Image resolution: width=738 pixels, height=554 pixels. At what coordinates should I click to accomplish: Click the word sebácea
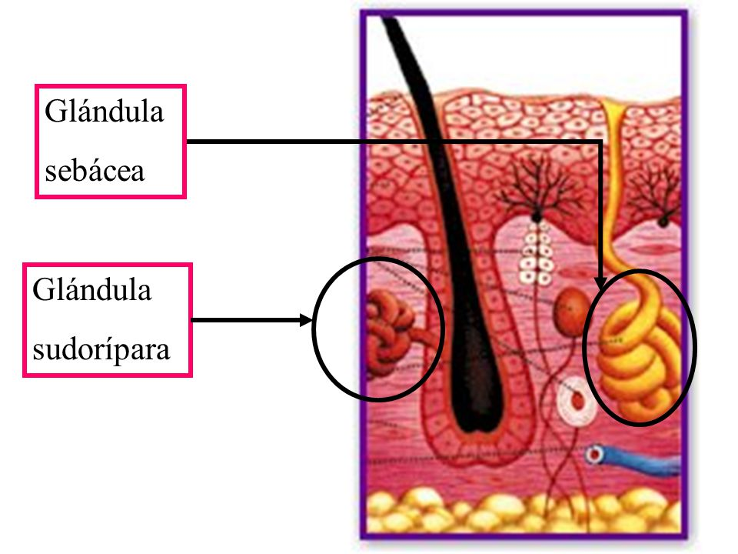click(95, 171)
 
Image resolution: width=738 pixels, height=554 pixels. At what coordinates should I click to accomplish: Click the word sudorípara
click(101, 349)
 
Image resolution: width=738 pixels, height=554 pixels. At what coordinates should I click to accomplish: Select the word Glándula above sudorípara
click(92, 289)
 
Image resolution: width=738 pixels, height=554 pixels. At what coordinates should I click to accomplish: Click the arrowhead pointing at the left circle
click(307, 320)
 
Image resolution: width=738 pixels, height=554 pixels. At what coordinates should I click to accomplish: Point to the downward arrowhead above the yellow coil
click(600, 282)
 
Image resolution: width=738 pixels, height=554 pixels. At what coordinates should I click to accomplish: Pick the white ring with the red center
click(577, 402)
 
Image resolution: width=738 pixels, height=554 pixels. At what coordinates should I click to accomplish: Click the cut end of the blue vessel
click(594, 455)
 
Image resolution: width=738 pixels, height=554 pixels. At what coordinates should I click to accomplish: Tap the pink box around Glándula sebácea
click(111, 85)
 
